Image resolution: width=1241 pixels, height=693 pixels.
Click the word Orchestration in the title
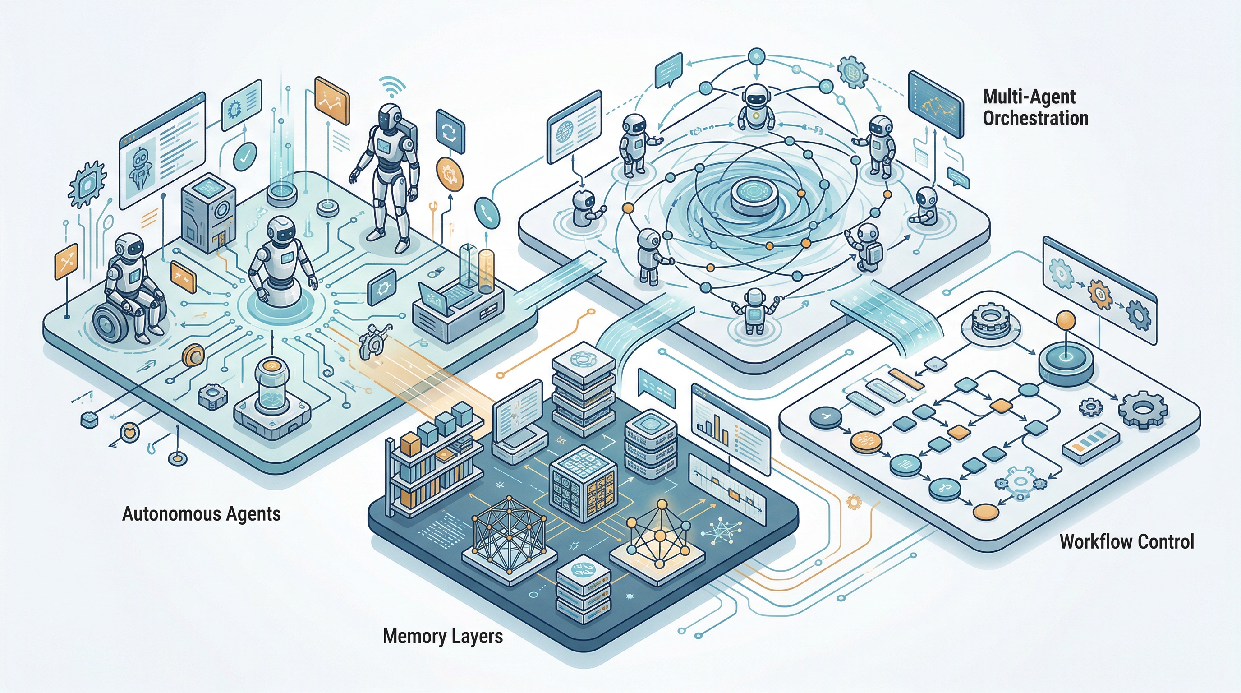1035,118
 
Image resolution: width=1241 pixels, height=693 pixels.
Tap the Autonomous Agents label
202,514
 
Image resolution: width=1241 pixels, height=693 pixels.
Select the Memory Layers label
442,637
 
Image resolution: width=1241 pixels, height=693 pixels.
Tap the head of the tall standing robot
389,115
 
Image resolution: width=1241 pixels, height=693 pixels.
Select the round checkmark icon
245,155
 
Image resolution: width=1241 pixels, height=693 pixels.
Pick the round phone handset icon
487,213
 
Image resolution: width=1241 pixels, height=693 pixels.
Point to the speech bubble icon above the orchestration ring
669,70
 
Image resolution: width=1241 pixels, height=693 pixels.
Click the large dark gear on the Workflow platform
1141,410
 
